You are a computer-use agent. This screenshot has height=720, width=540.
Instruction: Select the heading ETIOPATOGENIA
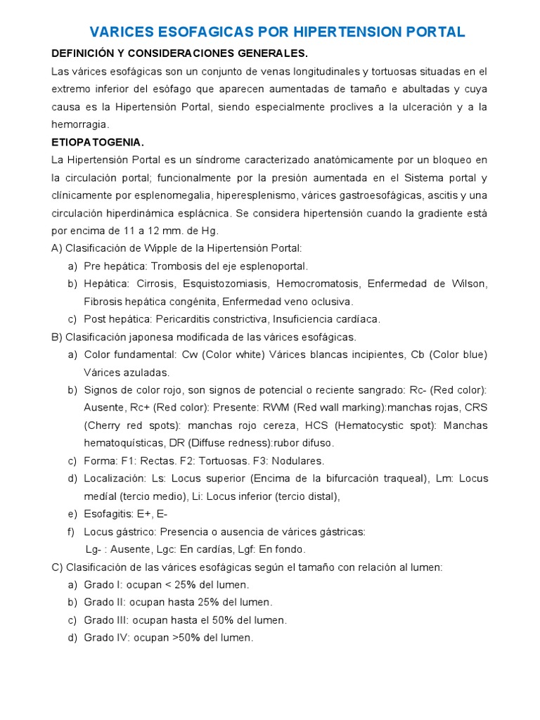coord(98,142)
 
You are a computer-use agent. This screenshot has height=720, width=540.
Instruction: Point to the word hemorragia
coord(79,124)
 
